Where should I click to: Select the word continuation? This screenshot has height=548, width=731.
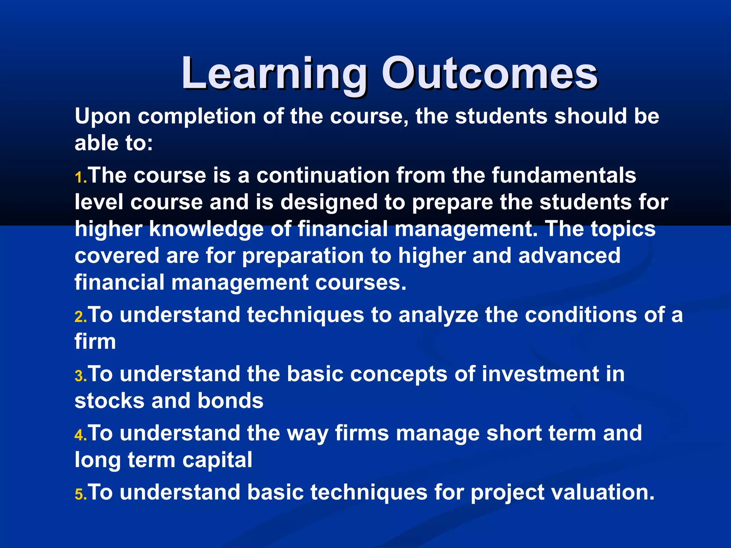pyautogui.click(x=323, y=176)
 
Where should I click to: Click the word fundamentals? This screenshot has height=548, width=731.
pyautogui.click(x=564, y=176)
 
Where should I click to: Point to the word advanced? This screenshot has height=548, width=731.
pyautogui.click(x=569, y=256)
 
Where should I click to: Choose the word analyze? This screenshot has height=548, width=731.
pyautogui.click(x=438, y=315)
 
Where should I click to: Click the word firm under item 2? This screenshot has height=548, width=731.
pyautogui.click(x=95, y=342)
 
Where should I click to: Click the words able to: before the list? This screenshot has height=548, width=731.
pyautogui.click(x=114, y=143)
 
